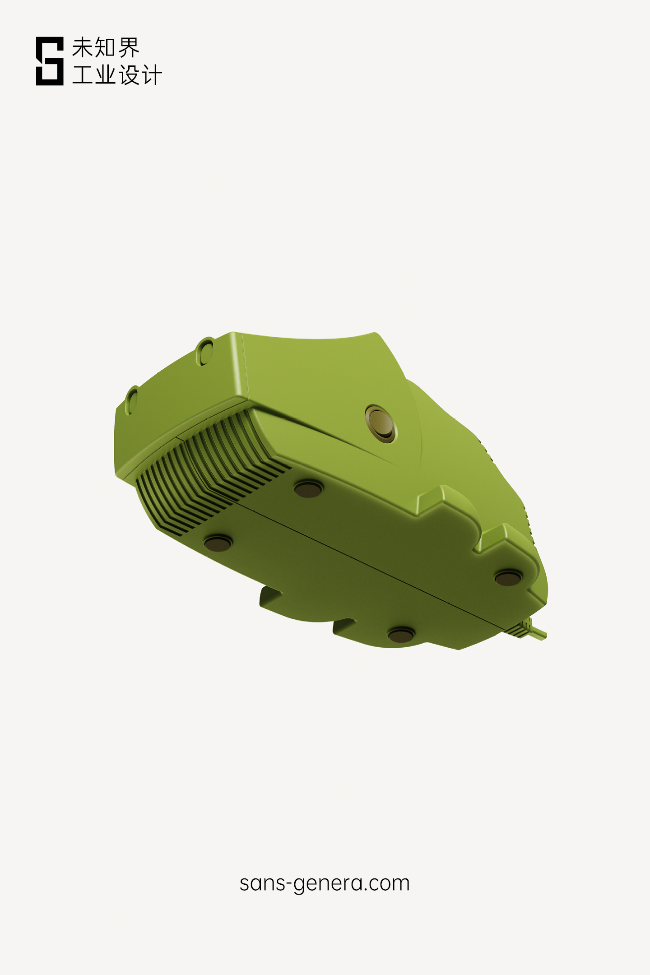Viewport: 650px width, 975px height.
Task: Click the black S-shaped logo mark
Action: pyautogui.click(x=50, y=61)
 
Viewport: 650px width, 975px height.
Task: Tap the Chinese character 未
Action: pyautogui.click(x=83, y=47)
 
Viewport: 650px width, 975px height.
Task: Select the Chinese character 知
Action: pyautogui.click(x=105, y=47)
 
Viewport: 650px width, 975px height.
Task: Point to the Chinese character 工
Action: pyautogui.click(x=83, y=75)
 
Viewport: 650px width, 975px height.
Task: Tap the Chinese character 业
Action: pyautogui.click(x=105, y=75)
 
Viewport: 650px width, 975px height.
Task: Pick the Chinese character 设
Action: pyautogui.click(x=129, y=75)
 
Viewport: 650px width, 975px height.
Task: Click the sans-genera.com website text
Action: pyautogui.click(x=324, y=883)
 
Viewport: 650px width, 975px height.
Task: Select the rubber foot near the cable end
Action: pyautogui.click(x=508, y=578)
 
